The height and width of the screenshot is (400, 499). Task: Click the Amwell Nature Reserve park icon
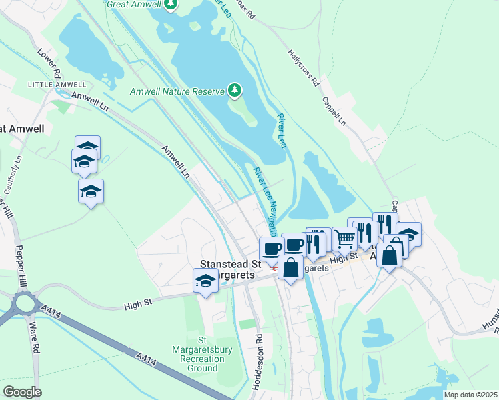[234, 89]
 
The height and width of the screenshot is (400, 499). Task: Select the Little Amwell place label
[57, 85]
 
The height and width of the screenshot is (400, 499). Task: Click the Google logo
[22, 392]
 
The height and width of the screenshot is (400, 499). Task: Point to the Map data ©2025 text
[470, 395]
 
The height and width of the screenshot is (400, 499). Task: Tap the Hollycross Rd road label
[304, 67]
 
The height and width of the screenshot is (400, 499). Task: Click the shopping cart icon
[344, 238]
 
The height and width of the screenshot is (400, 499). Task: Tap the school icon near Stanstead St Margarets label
[206, 281]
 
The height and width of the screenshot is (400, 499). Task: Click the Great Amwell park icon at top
[171, 5]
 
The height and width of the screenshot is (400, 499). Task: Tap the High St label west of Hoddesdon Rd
[139, 306]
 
